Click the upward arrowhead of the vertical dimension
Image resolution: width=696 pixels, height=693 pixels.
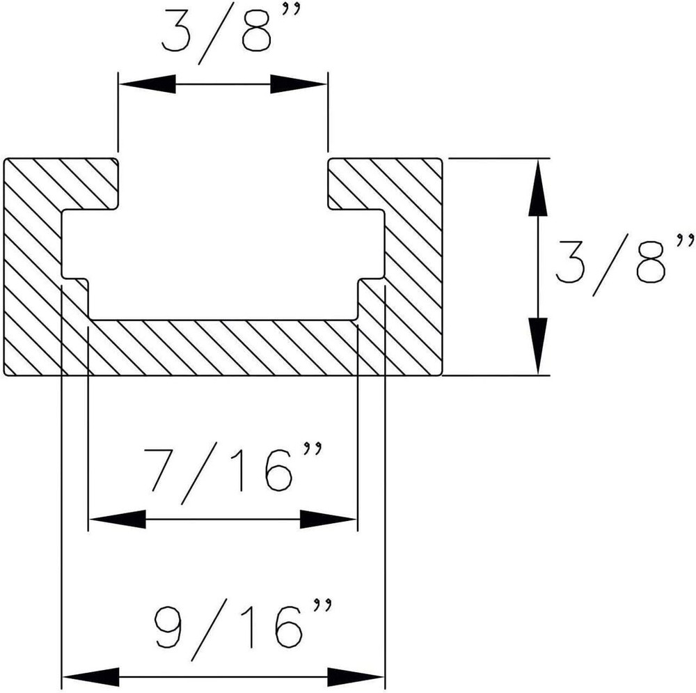[537, 187]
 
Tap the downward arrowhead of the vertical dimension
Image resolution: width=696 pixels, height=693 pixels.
[537, 345]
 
